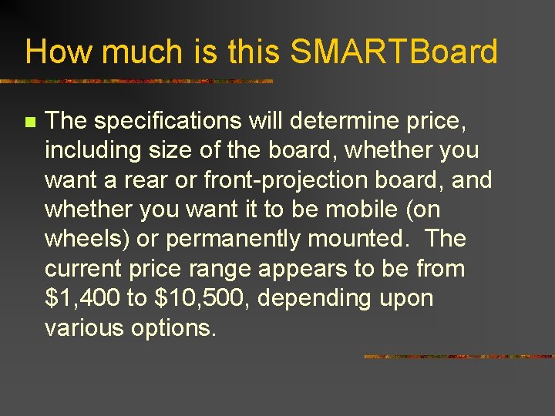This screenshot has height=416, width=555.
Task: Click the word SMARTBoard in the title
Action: point(394,52)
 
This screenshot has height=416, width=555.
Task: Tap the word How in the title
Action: point(59,52)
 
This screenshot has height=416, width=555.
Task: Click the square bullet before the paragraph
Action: point(30,122)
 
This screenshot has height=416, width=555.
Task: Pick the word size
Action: point(167,151)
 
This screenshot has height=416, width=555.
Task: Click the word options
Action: point(173,328)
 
